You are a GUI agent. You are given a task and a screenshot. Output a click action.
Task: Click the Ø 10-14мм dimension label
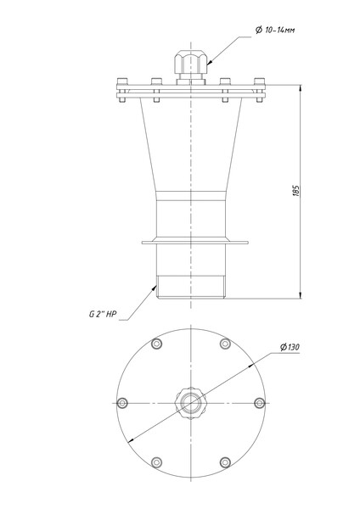[275, 31]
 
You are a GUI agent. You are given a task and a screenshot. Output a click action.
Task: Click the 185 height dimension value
[295, 191]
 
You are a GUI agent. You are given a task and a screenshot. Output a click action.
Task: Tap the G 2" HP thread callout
[103, 314]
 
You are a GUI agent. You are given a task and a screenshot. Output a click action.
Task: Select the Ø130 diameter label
[290, 347]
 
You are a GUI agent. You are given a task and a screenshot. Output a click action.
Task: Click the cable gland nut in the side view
[191, 62]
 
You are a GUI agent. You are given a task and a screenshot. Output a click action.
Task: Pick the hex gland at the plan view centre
[191, 403]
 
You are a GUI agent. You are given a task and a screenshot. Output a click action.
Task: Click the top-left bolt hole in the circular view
[156, 344]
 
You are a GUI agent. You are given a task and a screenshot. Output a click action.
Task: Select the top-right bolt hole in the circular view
[225, 344]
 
